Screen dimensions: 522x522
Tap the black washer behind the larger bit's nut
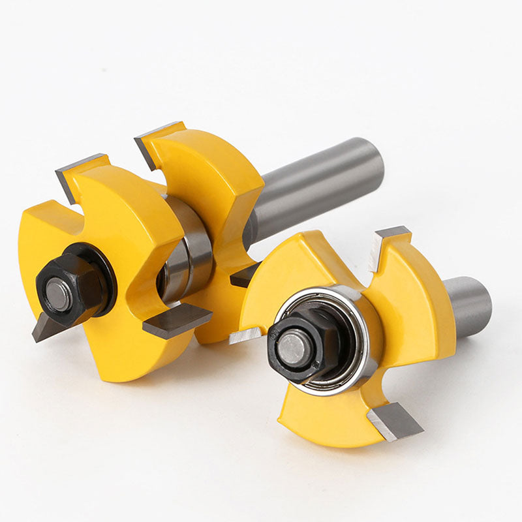pos(98,261)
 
